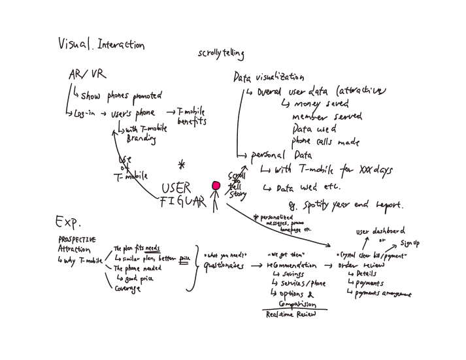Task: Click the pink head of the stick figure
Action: click(216, 186)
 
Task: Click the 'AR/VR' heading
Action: click(84, 74)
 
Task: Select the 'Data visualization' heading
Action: click(269, 77)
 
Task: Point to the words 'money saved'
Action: click(322, 104)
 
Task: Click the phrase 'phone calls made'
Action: click(325, 142)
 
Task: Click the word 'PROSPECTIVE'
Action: click(77, 240)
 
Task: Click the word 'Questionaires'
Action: click(224, 267)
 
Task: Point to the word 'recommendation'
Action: click(291, 266)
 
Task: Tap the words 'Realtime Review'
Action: click(290, 314)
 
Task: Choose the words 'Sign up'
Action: click(410, 244)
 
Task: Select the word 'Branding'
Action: click(141, 139)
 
